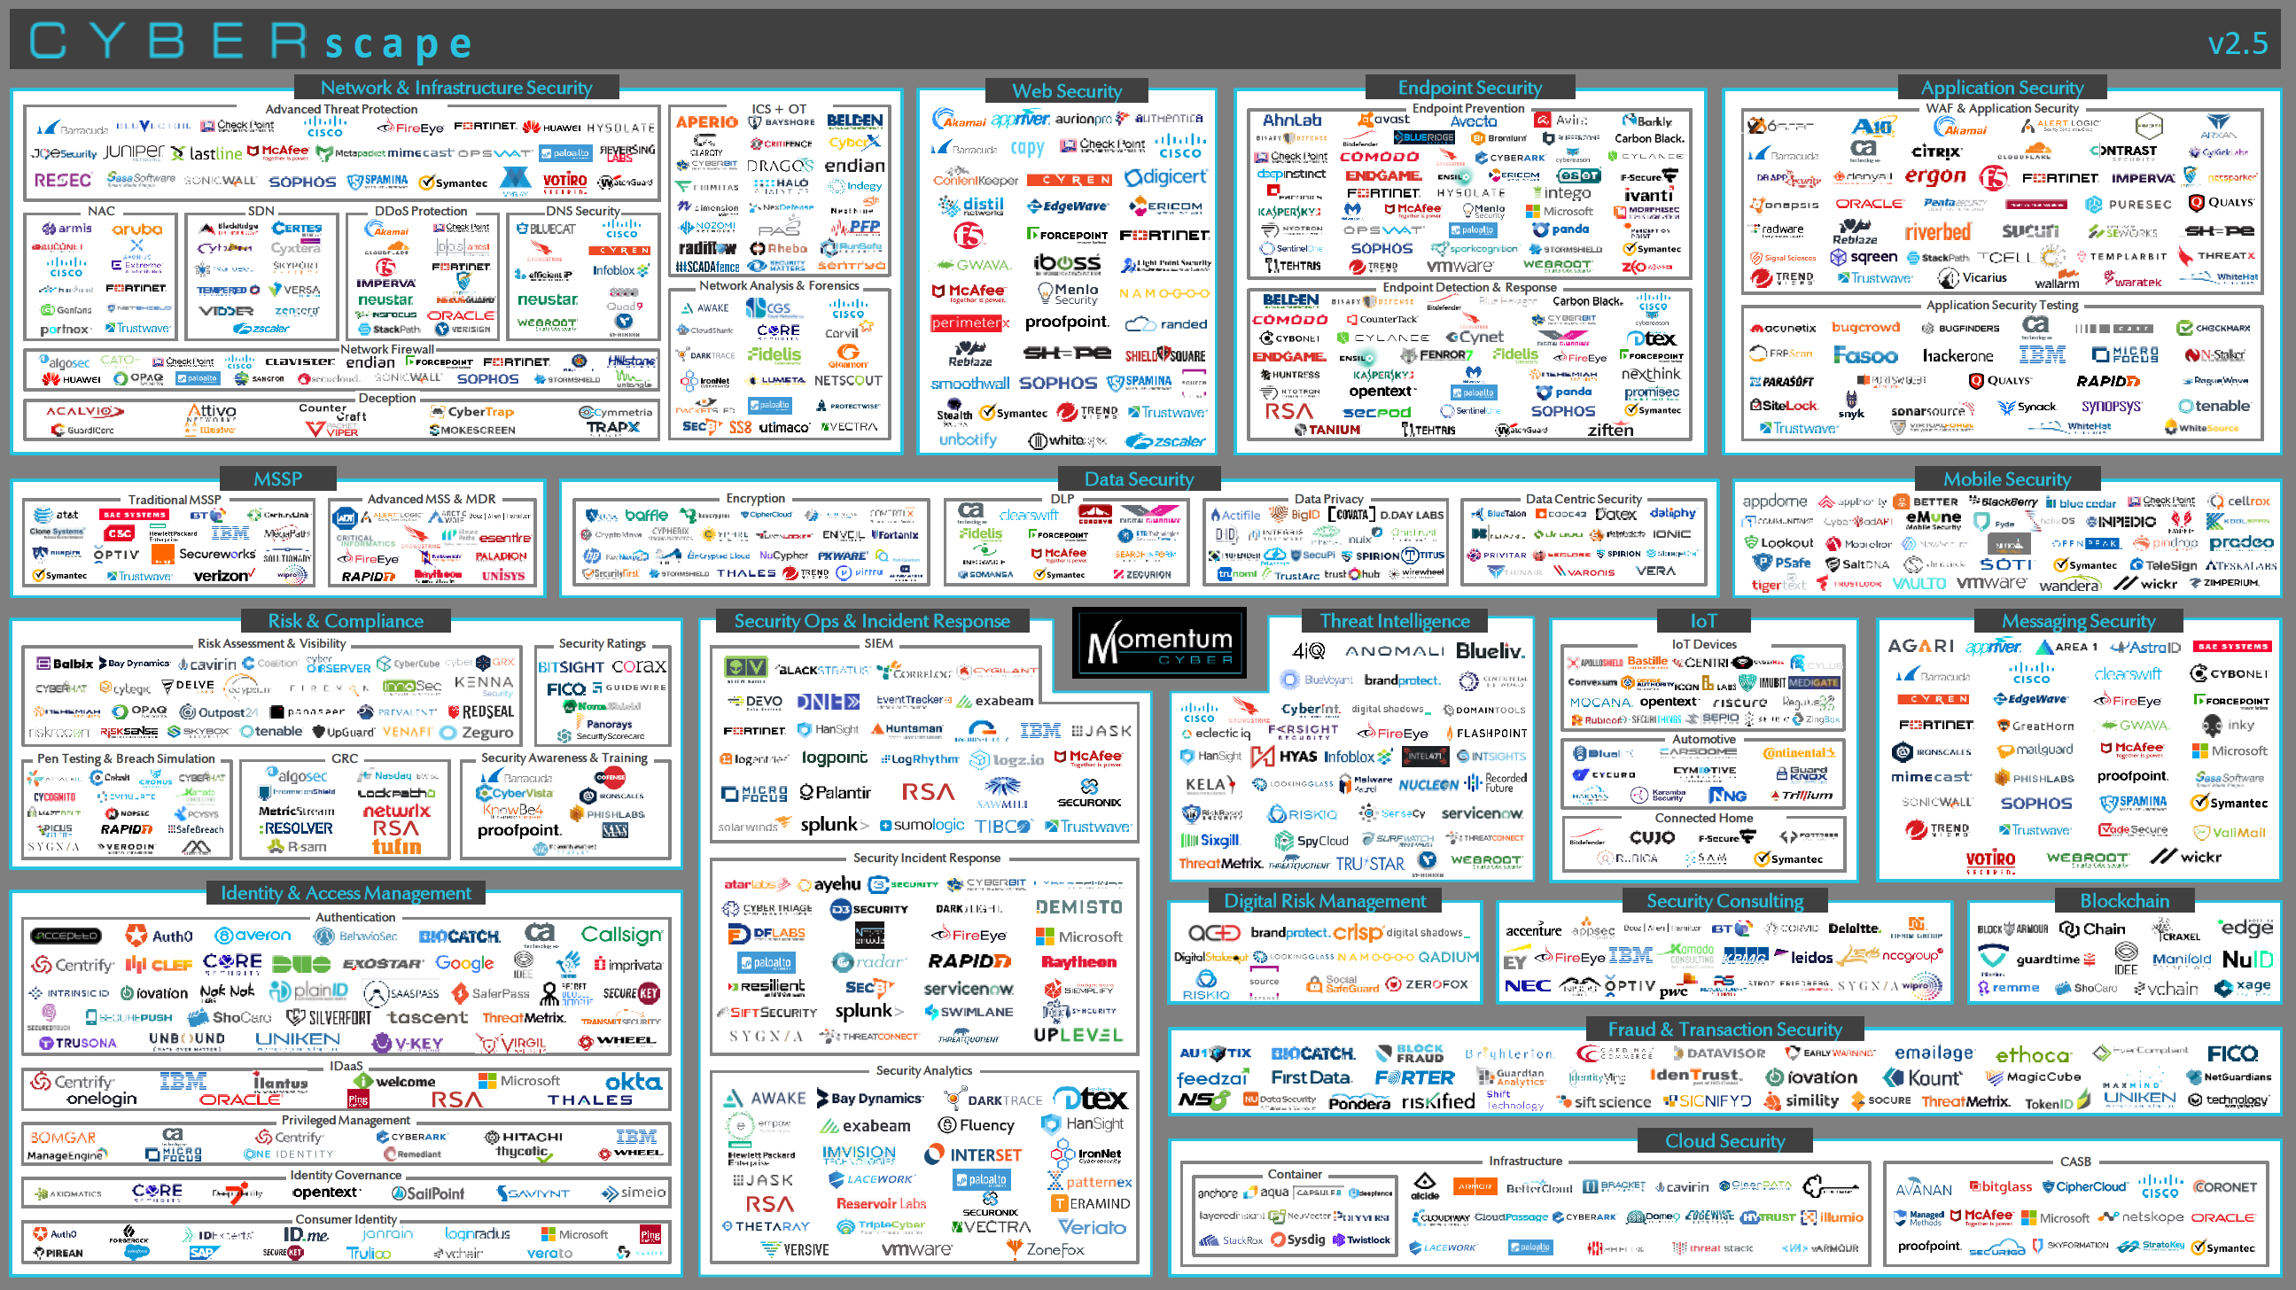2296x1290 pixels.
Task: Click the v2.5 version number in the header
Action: [x=2238, y=43]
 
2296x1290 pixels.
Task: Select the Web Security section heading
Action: [x=1066, y=91]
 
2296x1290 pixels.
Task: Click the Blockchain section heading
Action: [x=2124, y=901]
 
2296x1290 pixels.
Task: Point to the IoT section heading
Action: [x=1702, y=621]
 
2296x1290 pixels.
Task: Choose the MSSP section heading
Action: [x=277, y=479]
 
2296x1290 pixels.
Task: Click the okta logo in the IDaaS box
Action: [x=634, y=1082]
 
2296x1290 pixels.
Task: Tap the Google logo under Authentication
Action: [x=464, y=963]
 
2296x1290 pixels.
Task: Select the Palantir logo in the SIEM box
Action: [x=834, y=792]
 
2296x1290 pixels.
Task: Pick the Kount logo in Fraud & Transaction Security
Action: [x=1923, y=1078]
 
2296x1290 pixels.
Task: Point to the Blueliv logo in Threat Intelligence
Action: [x=1490, y=651]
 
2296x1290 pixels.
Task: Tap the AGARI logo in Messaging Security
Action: [x=1920, y=646]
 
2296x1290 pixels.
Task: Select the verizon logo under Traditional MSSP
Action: [x=224, y=576]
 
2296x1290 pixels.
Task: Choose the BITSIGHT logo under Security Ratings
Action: [x=571, y=666]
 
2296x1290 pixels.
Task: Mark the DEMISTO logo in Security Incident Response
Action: [x=1078, y=907]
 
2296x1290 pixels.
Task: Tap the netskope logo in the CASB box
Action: [x=2139, y=1217]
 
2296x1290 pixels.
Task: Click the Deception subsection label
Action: [x=387, y=398]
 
